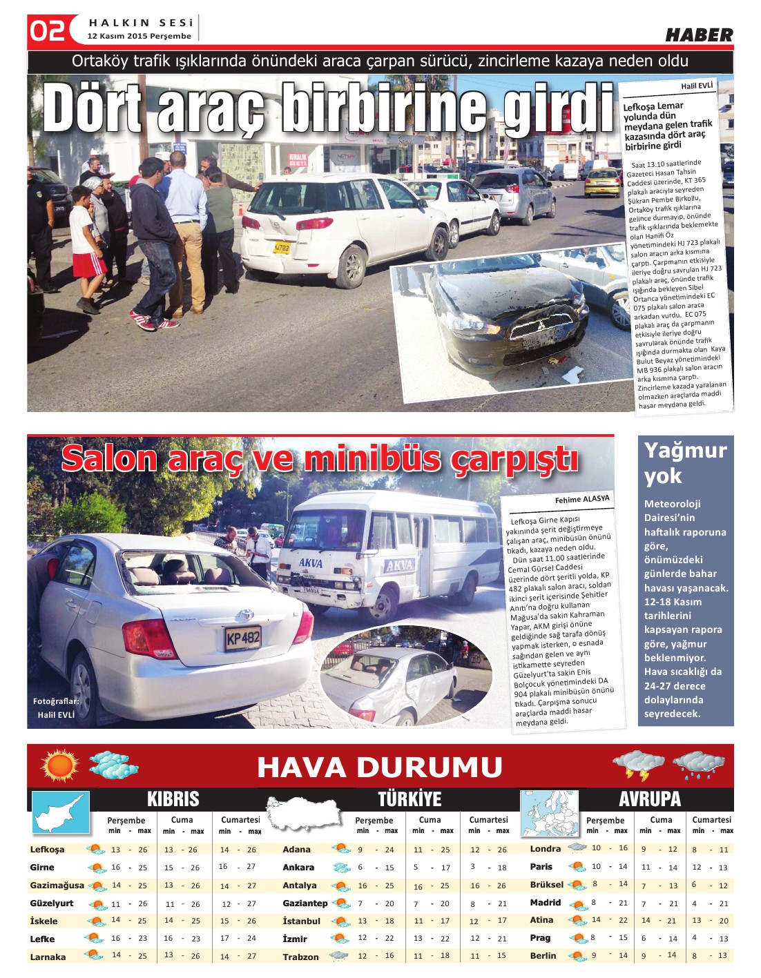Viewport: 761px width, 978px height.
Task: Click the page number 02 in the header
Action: [47, 30]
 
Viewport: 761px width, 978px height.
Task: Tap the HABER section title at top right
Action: [698, 35]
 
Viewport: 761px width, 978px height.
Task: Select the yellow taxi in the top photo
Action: [602, 182]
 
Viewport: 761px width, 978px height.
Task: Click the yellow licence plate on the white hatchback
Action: [281, 246]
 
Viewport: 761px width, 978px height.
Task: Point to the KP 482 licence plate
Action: [243, 638]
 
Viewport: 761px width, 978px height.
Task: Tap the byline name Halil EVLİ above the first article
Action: [696, 86]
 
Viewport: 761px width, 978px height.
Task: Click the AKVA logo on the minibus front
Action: [311, 563]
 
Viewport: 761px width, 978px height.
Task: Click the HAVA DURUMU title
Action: [379, 767]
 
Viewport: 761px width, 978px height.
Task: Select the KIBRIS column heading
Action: [173, 799]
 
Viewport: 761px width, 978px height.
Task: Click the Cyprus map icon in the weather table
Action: [61, 812]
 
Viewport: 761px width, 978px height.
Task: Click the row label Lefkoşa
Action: [48, 849]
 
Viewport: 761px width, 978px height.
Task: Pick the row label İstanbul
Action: [301, 921]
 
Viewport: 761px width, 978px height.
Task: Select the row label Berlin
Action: [543, 955]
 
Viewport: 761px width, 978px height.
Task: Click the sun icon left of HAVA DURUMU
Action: [60, 765]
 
